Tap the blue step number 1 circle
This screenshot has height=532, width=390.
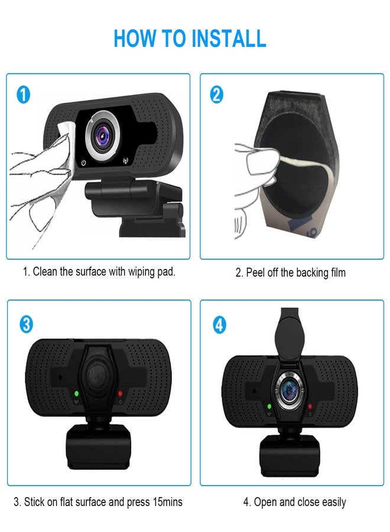[23, 95]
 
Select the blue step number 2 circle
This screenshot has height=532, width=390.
[217, 95]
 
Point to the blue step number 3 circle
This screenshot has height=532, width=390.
[26, 324]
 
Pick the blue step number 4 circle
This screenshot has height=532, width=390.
[219, 324]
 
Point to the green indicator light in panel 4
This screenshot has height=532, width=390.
[269, 406]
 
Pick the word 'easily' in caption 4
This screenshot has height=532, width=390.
[333, 502]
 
